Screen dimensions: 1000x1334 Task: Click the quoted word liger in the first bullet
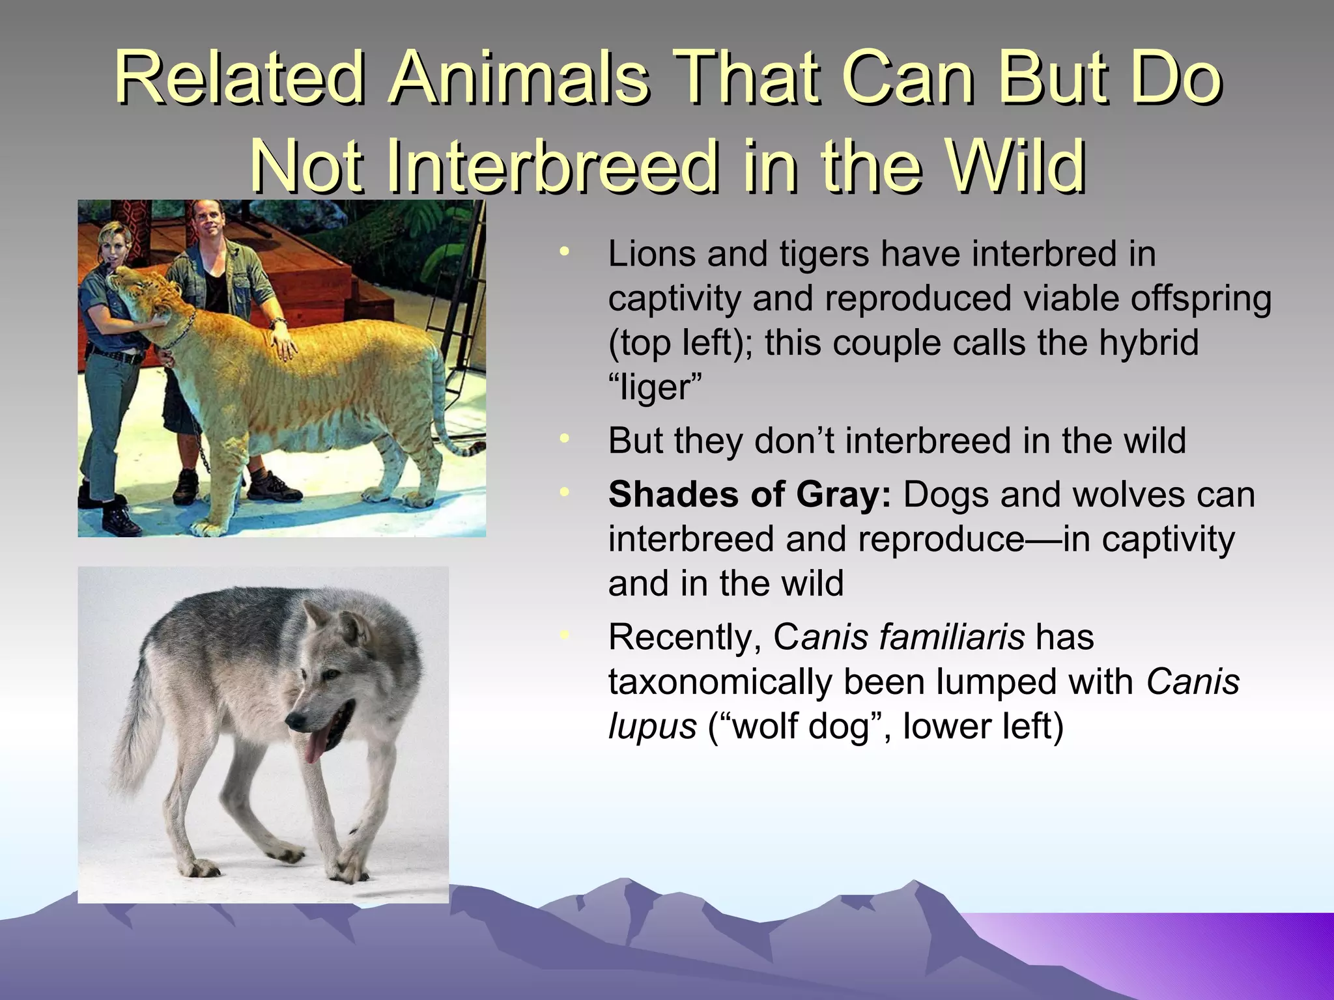coord(655,388)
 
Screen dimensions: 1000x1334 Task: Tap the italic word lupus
coord(652,726)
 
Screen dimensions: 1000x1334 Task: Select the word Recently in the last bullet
coord(685,638)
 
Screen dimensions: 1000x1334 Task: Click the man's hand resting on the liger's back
coord(283,342)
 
